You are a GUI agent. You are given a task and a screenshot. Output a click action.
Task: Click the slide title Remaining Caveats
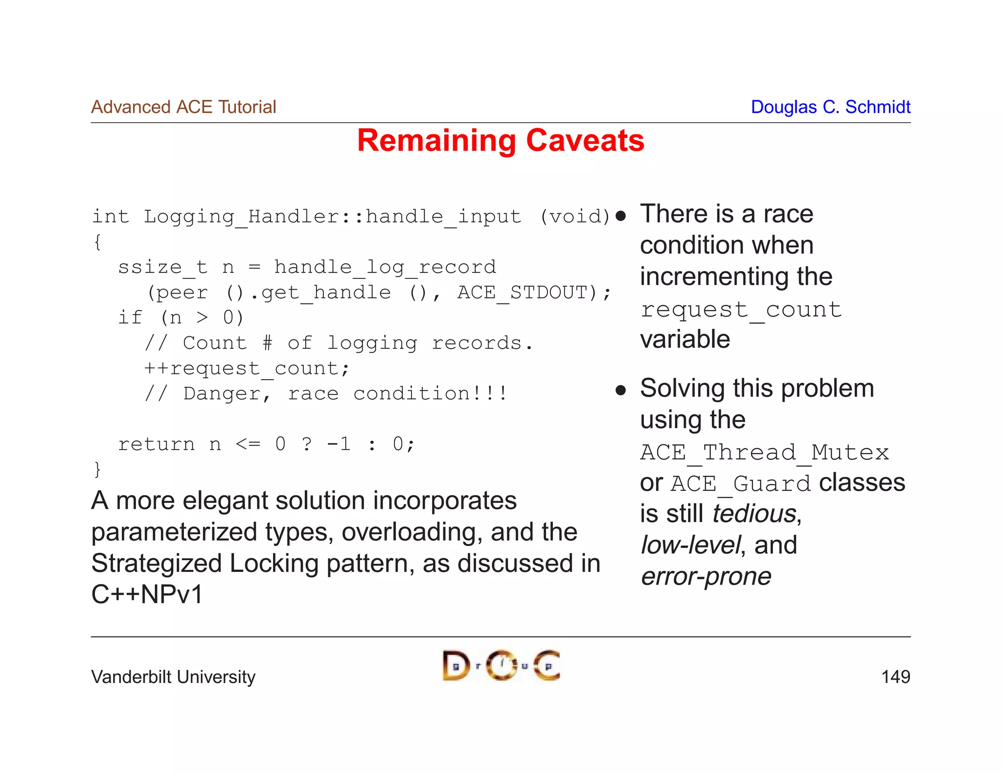[x=501, y=141]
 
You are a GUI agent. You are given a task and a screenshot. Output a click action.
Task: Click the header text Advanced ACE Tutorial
[x=183, y=107]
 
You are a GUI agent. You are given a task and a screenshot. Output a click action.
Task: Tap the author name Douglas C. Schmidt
[x=830, y=107]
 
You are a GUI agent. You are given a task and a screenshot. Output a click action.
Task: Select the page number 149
[x=895, y=677]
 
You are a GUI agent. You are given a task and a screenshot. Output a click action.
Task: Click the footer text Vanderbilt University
[x=173, y=677]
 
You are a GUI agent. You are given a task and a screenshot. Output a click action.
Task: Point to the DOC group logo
[x=501, y=665]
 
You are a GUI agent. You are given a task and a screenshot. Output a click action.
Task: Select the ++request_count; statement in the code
[x=247, y=368]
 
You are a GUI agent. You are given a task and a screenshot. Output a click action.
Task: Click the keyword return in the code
[x=157, y=444]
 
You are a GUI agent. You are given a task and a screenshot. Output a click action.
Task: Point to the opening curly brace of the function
[x=97, y=242]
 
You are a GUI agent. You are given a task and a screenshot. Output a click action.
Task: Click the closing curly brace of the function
[x=97, y=469]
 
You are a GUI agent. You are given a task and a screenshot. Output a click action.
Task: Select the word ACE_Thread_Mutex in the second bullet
[x=764, y=452]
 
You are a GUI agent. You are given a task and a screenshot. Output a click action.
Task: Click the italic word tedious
[x=754, y=514]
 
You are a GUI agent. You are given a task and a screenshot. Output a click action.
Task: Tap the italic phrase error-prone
[x=706, y=576]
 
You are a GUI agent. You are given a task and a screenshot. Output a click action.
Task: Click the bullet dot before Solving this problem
[x=621, y=390]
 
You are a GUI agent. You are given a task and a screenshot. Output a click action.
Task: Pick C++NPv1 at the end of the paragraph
[x=147, y=594]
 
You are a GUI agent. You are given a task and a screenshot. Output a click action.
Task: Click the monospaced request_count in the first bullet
[x=741, y=310]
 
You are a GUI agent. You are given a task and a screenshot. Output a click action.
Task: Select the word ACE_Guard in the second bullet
[x=741, y=484]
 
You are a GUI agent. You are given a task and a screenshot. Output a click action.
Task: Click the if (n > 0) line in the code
[x=181, y=318]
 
